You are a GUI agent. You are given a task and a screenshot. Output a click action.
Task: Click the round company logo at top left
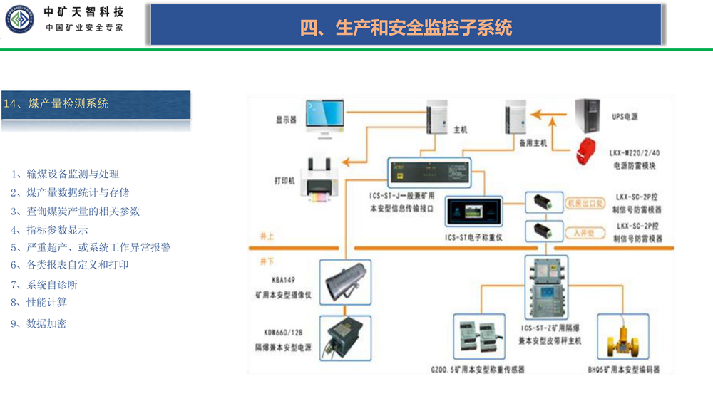tap(20, 19)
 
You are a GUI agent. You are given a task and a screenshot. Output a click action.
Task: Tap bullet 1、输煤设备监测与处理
tap(65, 174)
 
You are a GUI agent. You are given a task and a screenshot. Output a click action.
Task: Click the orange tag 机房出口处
tap(585, 203)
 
